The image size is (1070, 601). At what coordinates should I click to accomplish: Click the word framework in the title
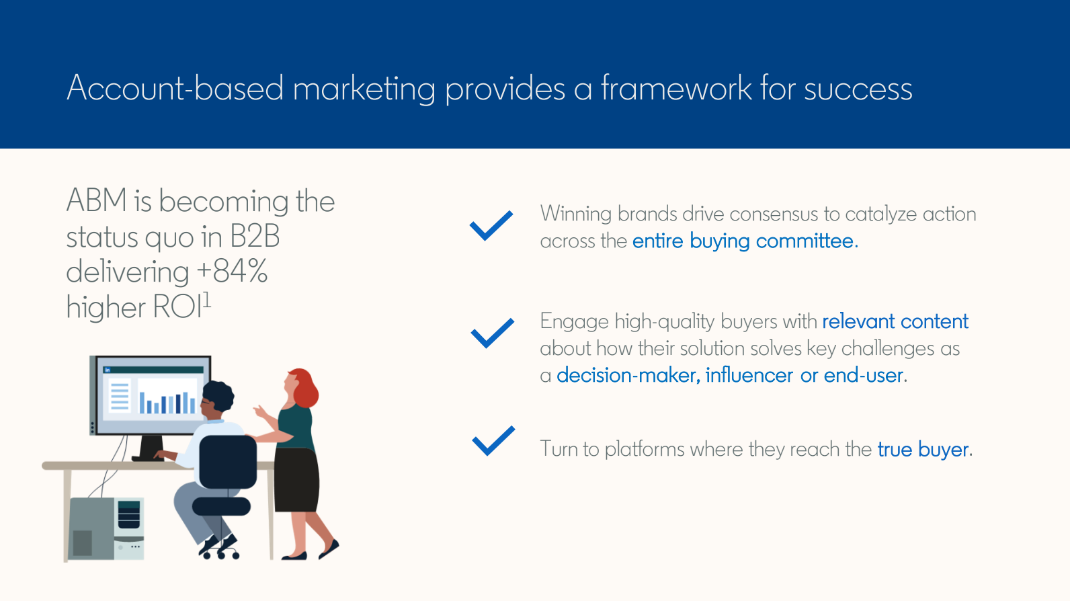[676, 88]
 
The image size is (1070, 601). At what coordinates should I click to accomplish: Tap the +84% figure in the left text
[232, 271]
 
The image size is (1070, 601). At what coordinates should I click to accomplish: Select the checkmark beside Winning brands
[491, 225]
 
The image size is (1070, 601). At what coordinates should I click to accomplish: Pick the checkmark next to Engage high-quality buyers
[493, 333]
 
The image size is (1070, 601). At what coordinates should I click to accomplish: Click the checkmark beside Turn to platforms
[493, 440]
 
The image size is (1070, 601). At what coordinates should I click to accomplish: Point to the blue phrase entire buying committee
[745, 241]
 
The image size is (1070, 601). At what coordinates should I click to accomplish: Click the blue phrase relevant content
[895, 321]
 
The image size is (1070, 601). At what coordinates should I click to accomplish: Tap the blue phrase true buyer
[923, 450]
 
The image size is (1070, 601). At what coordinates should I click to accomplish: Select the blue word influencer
[749, 375]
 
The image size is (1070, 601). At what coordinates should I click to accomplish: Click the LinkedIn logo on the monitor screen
[108, 370]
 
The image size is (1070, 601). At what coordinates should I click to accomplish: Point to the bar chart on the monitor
[167, 402]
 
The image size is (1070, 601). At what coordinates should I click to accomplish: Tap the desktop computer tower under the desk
[106, 528]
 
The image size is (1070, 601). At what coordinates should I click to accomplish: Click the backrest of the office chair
[227, 462]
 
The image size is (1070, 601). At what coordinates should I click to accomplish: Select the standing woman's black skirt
[296, 479]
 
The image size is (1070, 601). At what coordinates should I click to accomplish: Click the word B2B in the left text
[255, 237]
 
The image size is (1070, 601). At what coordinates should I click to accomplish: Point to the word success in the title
[858, 89]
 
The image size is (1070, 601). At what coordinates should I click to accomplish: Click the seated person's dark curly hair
[218, 395]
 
